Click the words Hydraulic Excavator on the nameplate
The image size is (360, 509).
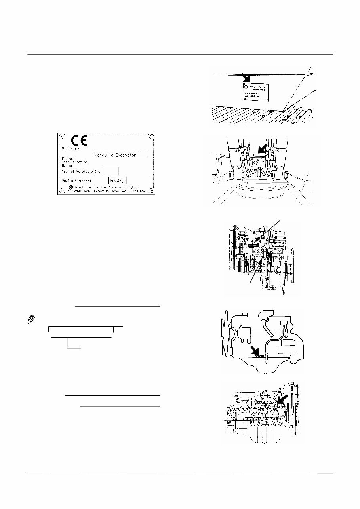point(115,156)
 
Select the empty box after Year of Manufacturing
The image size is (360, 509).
point(110,171)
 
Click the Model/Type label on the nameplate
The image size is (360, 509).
point(71,148)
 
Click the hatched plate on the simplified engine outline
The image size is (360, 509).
point(258,357)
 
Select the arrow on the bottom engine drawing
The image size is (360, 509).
point(282,399)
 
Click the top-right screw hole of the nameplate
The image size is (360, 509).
point(151,137)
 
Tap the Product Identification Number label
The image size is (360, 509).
point(70,162)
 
